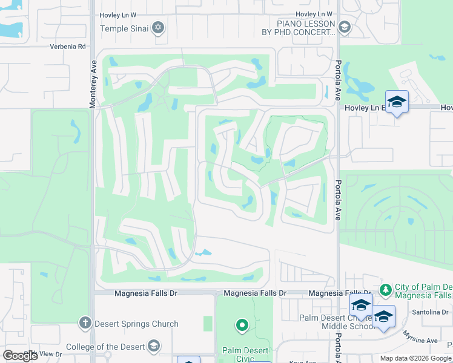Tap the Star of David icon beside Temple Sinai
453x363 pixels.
tap(158, 28)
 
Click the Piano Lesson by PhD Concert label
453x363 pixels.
tap(306, 28)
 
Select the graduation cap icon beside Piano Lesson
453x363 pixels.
tap(344, 27)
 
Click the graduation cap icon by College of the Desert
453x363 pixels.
tap(154, 346)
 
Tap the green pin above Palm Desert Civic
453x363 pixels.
tap(242, 326)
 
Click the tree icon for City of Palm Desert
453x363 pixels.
tap(385, 289)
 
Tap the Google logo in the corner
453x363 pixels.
tap(20, 356)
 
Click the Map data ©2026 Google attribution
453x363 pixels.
tap(415, 358)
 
